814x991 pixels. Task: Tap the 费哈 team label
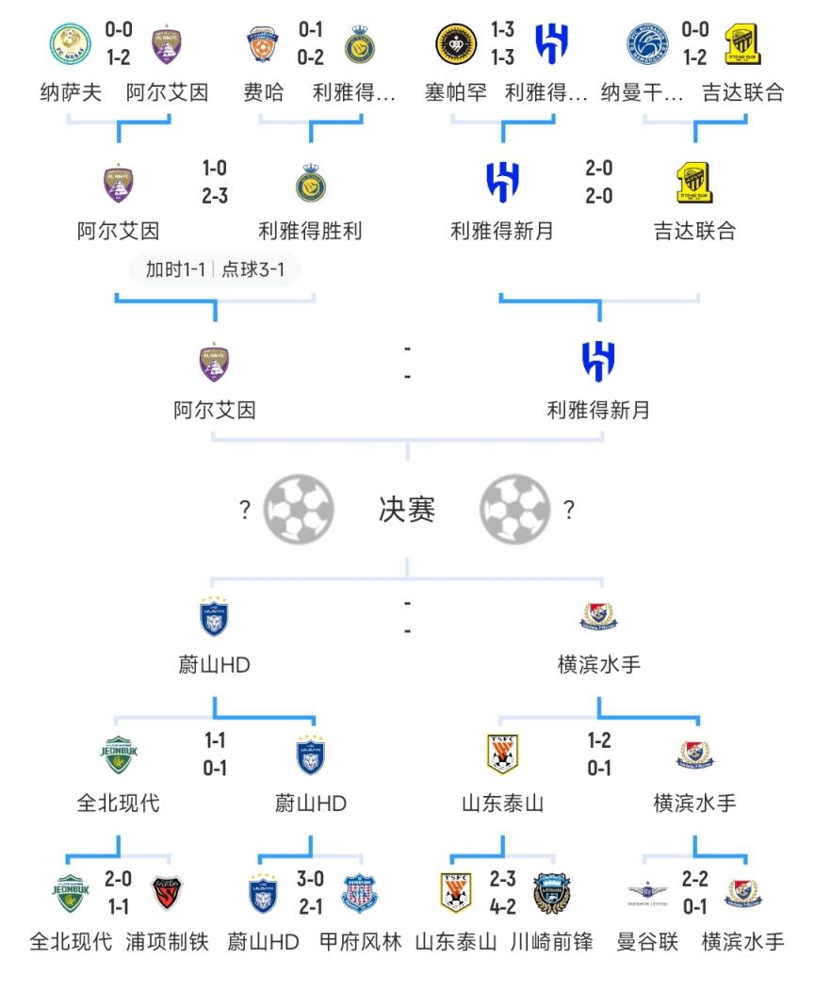click(x=264, y=93)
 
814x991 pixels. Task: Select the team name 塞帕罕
click(x=456, y=93)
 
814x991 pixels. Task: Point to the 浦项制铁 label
click(x=167, y=941)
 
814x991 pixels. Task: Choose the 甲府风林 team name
click(x=360, y=941)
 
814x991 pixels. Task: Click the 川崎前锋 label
click(x=551, y=941)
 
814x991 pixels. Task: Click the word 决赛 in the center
click(x=407, y=510)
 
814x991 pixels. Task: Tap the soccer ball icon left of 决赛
click(x=298, y=510)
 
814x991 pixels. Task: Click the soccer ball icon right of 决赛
click(x=515, y=510)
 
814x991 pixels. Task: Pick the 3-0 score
click(x=311, y=880)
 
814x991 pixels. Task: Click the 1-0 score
click(x=215, y=169)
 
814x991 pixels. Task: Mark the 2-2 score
click(x=694, y=880)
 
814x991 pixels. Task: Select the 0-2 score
click(x=311, y=57)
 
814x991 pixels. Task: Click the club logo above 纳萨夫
click(x=71, y=44)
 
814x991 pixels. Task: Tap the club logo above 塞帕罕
click(x=455, y=44)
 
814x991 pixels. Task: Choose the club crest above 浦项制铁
click(x=167, y=893)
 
